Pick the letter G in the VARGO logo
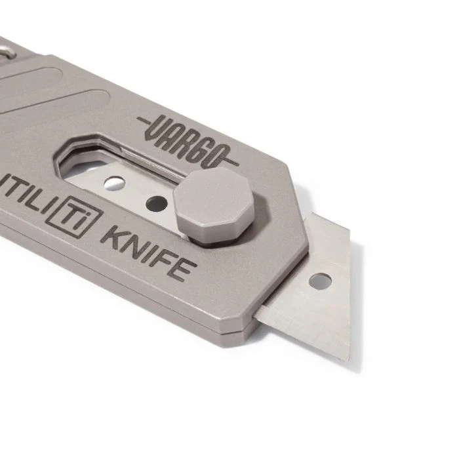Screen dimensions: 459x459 pyautogui.click(x=205, y=149)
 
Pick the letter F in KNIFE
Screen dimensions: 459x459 pyautogui.click(x=164, y=259)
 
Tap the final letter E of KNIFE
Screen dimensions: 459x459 pyautogui.click(x=183, y=268)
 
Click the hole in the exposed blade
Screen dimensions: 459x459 pyautogui.click(x=320, y=281)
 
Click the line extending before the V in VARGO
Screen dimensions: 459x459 pyautogui.click(x=146, y=120)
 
